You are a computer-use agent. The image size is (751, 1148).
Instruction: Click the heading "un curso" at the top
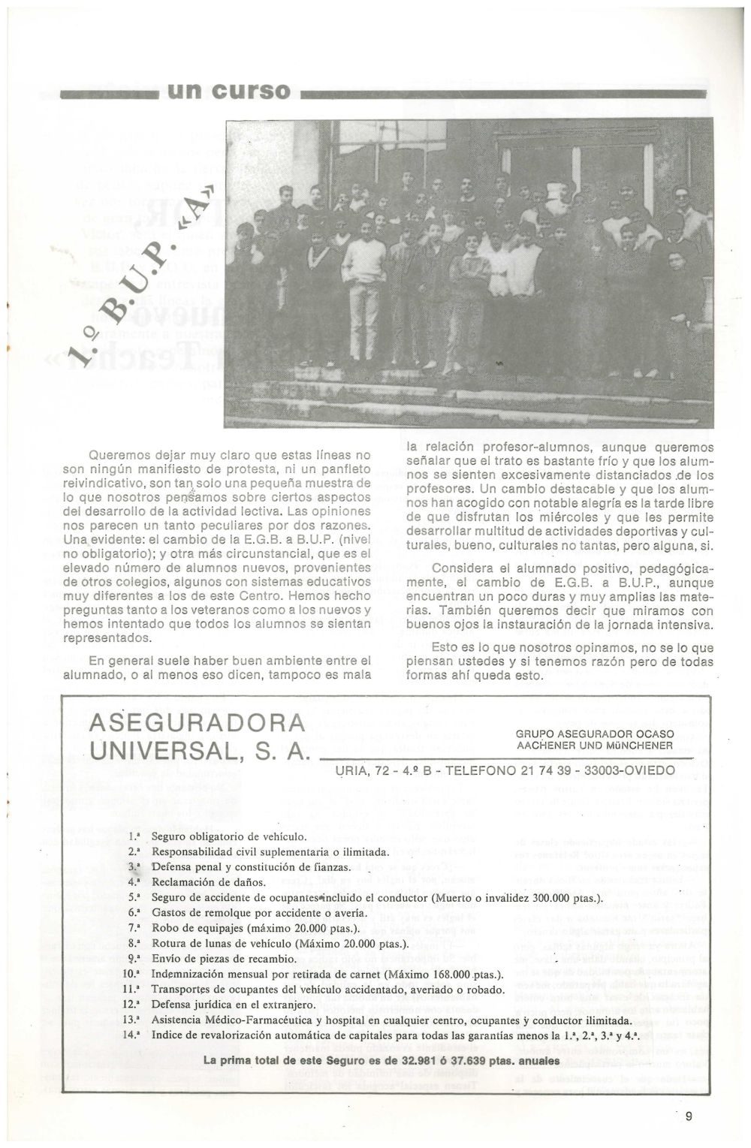(x=228, y=92)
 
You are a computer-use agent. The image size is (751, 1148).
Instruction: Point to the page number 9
(x=688, y=1116)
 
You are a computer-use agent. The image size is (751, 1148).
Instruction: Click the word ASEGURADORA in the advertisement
(x=197, y=723)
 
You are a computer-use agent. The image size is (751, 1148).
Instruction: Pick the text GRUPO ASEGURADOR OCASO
(x=595, y=734)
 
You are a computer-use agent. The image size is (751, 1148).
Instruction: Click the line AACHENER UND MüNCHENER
(x=595, y=745)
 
